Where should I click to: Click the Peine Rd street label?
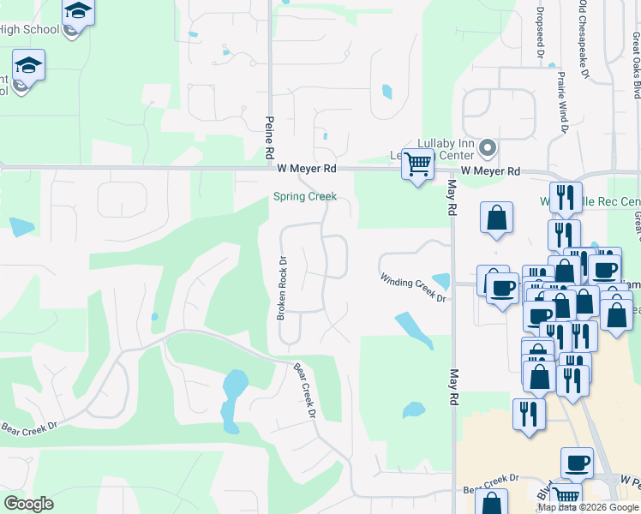click(268, 138)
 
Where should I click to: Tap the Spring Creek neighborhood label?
click(304, 196)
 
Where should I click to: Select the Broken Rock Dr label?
click(280, 288)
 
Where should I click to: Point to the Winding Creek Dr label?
click(414, 287)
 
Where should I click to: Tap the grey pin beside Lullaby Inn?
click(488, 148)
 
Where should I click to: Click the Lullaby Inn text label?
click(445, 143)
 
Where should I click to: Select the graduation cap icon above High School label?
click(78, 12)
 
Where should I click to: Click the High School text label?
click(28, 30)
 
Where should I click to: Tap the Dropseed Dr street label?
click(541, 33)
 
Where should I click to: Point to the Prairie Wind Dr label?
click(562, 104)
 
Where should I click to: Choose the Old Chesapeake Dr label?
click(584, 39)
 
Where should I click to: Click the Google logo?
click(28, 504)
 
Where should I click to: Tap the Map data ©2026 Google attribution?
click(588, 507)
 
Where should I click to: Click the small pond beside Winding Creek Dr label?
click(441, 281)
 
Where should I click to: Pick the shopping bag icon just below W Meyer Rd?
click(496, 218)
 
